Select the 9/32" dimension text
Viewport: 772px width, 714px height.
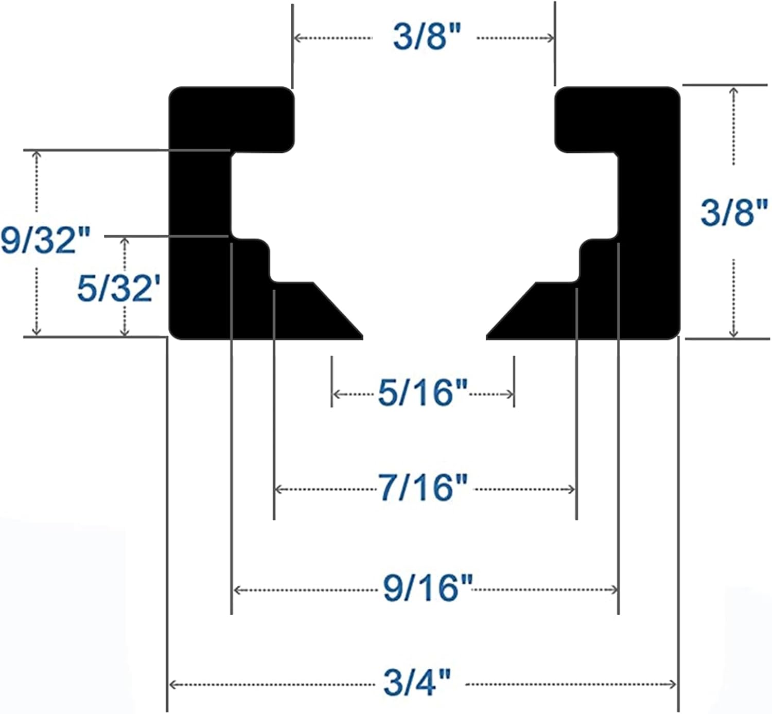(x=45, y=240)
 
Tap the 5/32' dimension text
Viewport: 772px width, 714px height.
(x=118, y=288)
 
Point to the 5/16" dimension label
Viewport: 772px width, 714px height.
(x=423, y=393)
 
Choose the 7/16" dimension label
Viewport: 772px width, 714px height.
(x=423, y=488)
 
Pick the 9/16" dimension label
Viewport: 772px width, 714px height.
(x=427, y=588)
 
